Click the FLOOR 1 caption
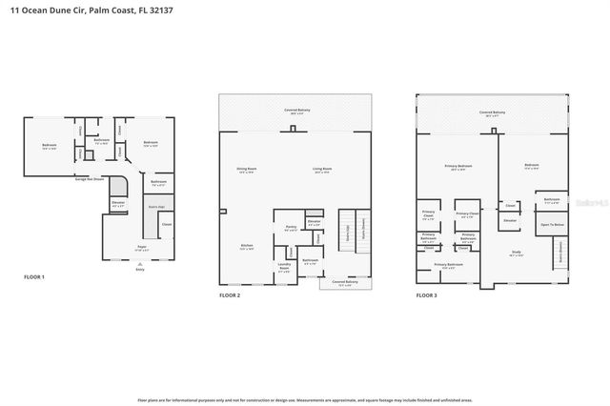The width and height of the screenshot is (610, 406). [x=34, y=276]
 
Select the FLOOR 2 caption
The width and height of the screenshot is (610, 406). [x=231, y=295]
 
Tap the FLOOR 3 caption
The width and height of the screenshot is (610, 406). [x=426, y=295]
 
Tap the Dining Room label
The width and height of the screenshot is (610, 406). [x=248, y=171]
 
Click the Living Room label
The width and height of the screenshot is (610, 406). [x=322, y=171]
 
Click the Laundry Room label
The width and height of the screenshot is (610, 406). [x=284, y=266]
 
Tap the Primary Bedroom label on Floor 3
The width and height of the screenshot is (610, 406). [x=458, y=166]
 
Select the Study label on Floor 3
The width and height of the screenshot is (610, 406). [x=518, y=253]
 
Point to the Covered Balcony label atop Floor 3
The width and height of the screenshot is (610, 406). [x=492, y=112]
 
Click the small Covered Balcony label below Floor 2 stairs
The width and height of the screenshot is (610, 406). [x=344, y=282]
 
